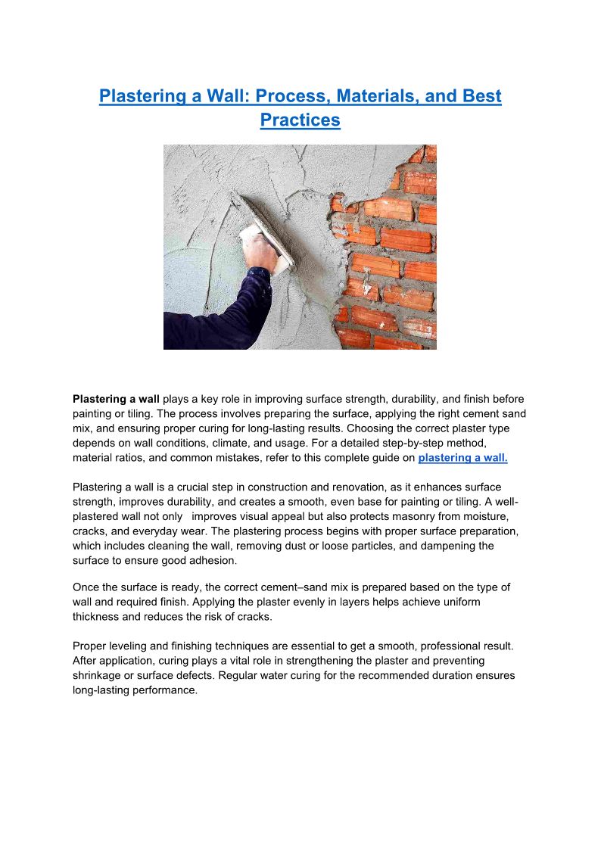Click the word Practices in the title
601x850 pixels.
pos(300,120)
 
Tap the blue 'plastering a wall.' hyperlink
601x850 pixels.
pos(462,458)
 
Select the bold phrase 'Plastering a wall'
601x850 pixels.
pos(116,399)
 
